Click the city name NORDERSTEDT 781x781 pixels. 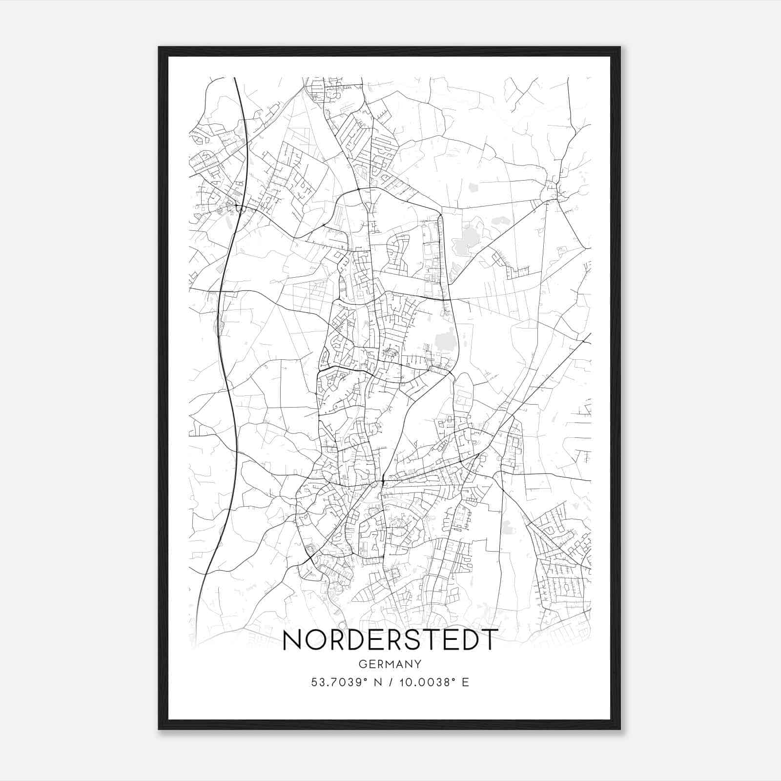[390, 640]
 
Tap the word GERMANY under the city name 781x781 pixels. [390, 664]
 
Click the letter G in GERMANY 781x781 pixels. [362, 664]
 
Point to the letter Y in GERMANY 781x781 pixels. [418, 664]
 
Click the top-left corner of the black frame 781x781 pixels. [159, 47]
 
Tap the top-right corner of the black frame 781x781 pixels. [620, 47]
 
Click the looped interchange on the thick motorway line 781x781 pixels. [240, 209]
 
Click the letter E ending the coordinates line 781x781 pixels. [465, 682]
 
